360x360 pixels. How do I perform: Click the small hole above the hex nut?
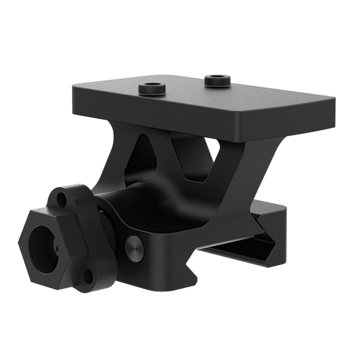click(x=62, y=198)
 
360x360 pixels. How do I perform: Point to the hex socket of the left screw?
click(x=152, y=88)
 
